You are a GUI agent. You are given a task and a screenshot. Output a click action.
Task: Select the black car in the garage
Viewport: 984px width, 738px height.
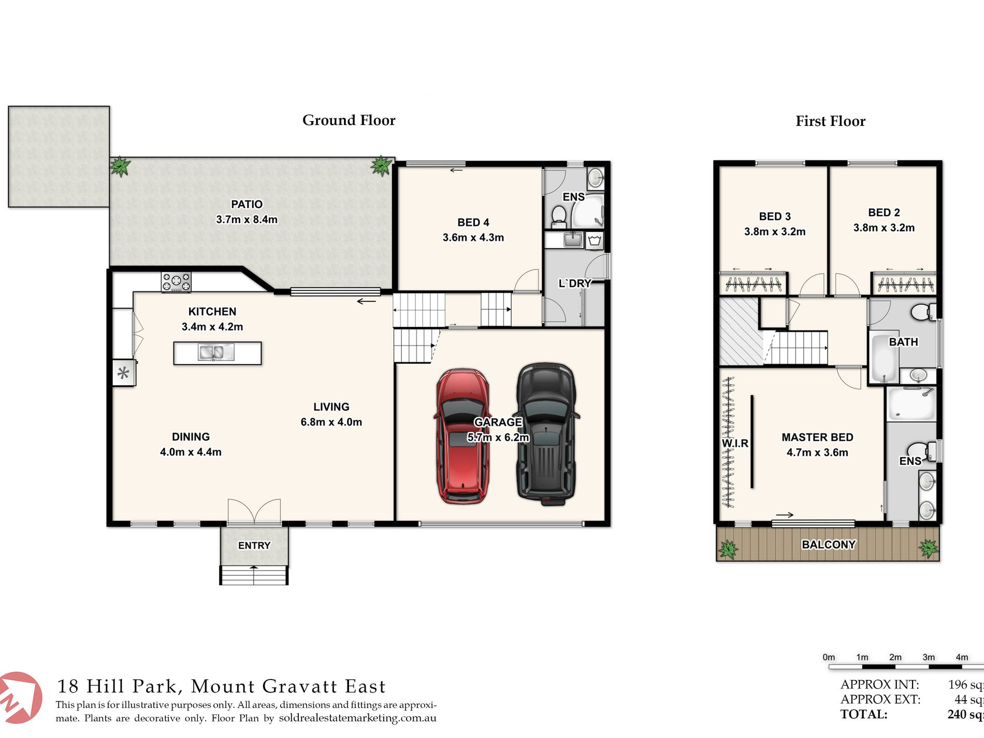(x=547, y=434)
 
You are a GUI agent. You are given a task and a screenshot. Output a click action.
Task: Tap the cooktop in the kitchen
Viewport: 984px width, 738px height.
(x=176, y=282)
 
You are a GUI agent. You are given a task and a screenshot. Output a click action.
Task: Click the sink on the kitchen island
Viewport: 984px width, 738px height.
(x=216, y=353)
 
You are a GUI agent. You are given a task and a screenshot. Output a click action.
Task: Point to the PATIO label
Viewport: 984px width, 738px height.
(x=247, y=204)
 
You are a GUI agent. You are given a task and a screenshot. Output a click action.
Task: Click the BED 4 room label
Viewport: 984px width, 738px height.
(x=473, y=222)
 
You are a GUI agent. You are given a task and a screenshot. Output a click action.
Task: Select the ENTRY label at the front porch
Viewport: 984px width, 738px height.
(x=254, y=545)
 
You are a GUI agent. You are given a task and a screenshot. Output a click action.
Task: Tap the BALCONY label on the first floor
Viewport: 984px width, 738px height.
(x=829, y=544)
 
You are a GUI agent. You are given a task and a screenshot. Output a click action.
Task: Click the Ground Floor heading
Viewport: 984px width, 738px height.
(x=349, y=120)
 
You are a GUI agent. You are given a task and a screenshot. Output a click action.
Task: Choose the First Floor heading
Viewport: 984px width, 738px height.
(x=830, y=121)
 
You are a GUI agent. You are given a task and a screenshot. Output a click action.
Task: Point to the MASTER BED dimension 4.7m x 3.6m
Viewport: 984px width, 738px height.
(x=817, y=452)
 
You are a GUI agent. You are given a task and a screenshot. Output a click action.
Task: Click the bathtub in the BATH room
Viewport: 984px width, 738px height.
(x=884, y=358)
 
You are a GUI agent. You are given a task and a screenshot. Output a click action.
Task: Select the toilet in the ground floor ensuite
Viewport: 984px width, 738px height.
(x=558, y=216)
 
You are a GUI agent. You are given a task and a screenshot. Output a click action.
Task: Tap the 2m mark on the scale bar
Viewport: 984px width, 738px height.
(x=895, y=657)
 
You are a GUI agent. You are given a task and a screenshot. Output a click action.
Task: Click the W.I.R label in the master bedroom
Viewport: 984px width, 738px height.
(x=735, y=443)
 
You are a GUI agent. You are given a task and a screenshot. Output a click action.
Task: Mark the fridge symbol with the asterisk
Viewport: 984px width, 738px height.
(x=123, y=373)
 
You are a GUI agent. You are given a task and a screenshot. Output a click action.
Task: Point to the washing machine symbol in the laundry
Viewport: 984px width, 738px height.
(x=595, y=240)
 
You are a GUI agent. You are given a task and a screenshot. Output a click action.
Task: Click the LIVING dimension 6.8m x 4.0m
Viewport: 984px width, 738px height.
(x=331, y=422)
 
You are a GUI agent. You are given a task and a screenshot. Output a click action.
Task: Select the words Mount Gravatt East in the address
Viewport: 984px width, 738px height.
(x=288, y=686)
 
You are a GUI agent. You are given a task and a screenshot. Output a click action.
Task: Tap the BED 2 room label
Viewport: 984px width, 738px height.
(x=884, y=212)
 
